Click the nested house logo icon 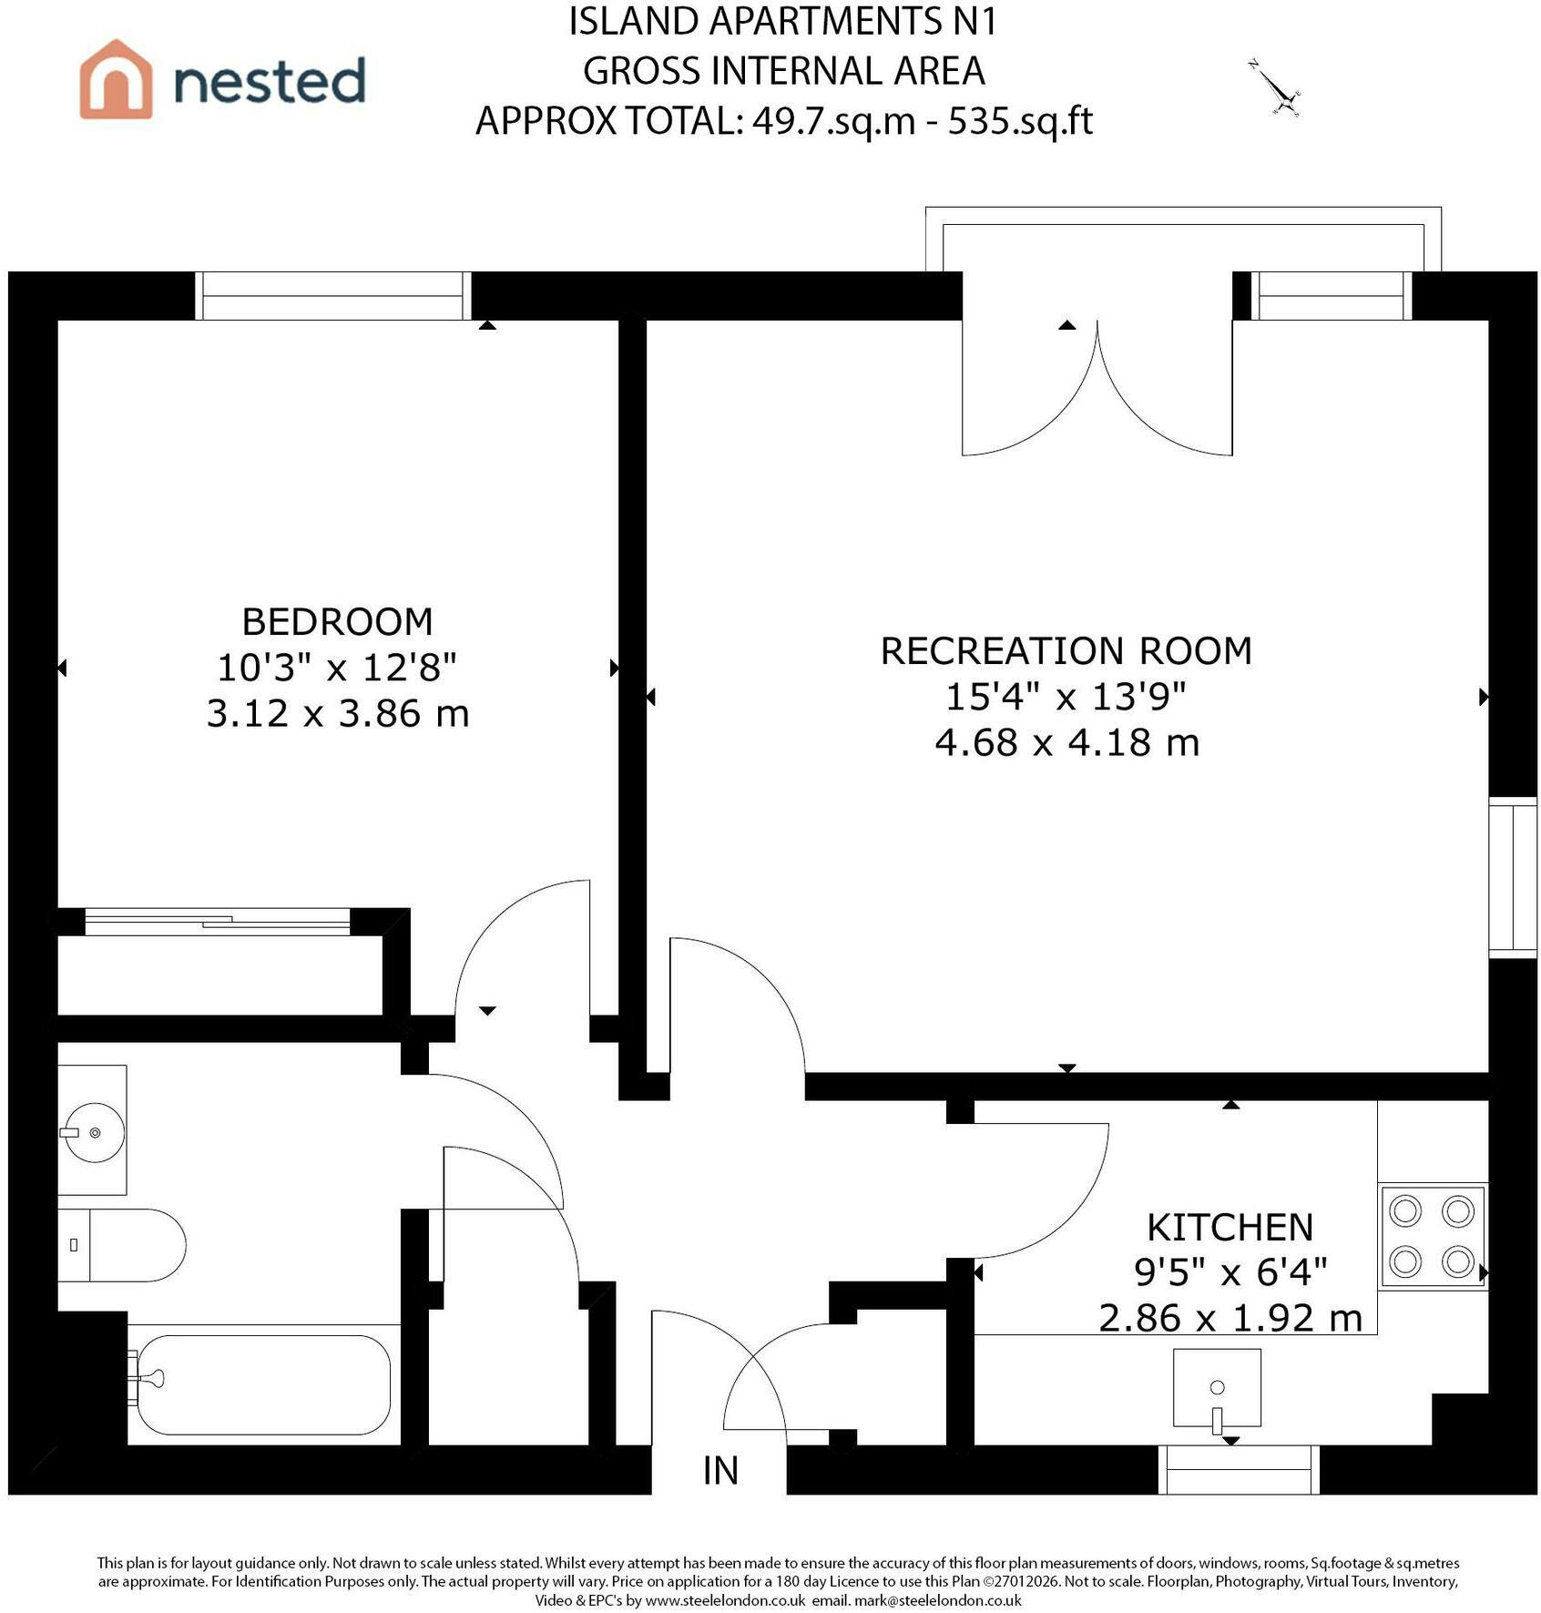tap(116, 79)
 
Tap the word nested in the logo tap(270, 80)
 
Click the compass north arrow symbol tap(1275, 88)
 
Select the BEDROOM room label tap(337, 622)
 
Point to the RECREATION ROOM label tap(1066, 651)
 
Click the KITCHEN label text tap(1230, 1228)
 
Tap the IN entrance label tap(720, 1470)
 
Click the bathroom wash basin tap(92, 1130)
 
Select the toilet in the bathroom tap(122, 1245)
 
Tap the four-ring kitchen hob tap(1433, 1236)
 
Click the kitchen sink tap(1217, 1388)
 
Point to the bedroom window tap(333, 296)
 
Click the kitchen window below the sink tap(1239, 1469)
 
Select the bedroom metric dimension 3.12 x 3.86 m tap(338, 713)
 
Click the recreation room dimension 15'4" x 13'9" tap(1066, 697)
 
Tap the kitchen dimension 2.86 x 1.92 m tap(1230, 1318)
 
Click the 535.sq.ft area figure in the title tap(1020, 121)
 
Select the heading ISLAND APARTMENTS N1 tap(783, 22)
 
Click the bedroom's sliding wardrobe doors tap(218, 922)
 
